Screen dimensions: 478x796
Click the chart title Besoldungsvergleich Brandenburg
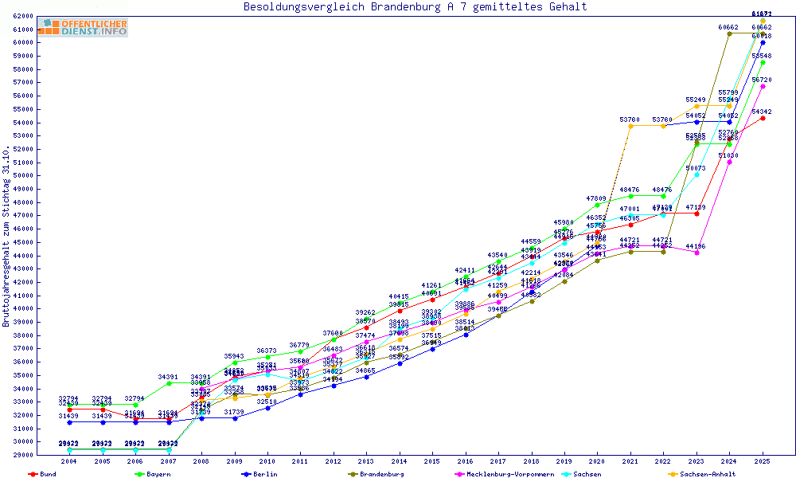pos(415,7)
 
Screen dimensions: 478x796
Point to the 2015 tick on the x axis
pos(432,461)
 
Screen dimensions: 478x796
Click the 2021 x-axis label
pos(630,461)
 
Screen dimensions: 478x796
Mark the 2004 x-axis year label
pos(69,461)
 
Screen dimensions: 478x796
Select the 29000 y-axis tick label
pos(21,456)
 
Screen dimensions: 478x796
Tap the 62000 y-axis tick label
pos(21,16)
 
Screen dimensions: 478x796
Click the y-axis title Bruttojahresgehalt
pos(6,236)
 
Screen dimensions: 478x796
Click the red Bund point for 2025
pos(763,118)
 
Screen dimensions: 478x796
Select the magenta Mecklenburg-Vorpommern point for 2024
pos(730,162)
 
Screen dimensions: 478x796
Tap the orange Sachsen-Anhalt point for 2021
pos(630,126)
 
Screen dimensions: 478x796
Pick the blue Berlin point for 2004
pos(70,422)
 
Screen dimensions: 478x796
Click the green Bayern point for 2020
pos(598,205)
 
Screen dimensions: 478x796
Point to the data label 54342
pos(761,112)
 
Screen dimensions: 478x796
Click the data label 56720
pos(761,80)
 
